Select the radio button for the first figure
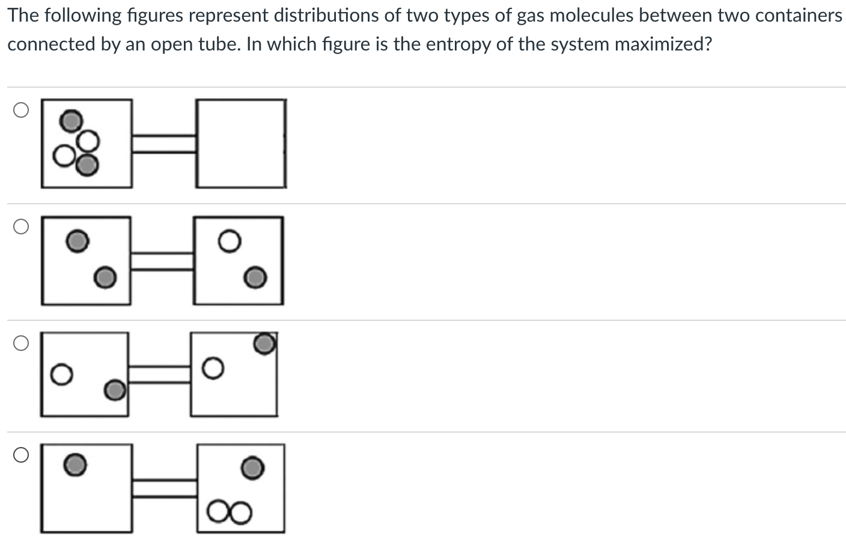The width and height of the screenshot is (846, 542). (21, 110)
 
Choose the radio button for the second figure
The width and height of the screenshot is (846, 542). (21, 227)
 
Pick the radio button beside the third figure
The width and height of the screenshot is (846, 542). (21, 343)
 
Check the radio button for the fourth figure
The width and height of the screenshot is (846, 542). (21, 455)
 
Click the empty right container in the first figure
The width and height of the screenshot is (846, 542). (242, 144)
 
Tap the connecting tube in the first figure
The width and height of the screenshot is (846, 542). (165, 144)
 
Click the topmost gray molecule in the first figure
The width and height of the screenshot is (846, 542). (72, 121)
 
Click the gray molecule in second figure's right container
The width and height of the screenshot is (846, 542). (255, 278)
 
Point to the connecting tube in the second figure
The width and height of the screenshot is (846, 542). (162, 261)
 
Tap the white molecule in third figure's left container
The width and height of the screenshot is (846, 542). (61, 374)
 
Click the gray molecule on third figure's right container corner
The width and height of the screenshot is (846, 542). (264, 343)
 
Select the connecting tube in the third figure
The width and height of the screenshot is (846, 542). (159, 374)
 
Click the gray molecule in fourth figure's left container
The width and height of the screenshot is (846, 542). (76, 465)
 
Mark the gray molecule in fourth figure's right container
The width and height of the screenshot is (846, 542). (252, 467)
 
